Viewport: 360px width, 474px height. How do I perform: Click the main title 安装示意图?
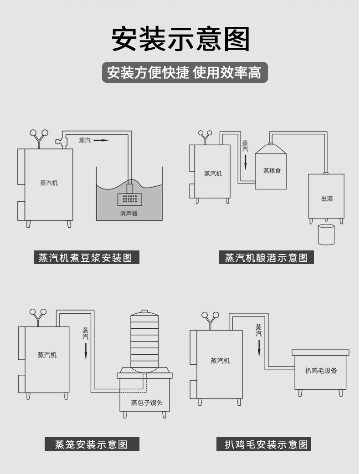tap(180, 39)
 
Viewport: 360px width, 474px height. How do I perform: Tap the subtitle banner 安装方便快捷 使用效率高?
tap(184, 72)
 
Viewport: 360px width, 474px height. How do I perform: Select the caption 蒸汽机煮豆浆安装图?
tap(86, 258)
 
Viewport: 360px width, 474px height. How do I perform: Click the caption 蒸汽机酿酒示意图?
tap(267, 258)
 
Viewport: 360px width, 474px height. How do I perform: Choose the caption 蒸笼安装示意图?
tap(92, 444)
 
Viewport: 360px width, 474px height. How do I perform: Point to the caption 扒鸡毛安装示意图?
tap(267, 444)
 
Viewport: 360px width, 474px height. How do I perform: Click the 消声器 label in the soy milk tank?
tap(129, 213)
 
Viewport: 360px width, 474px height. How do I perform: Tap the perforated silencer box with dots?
tap(130, 199)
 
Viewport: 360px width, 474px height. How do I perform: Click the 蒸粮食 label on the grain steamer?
tap(272, 171)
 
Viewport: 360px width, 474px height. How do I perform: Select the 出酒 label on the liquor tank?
tap(327, 199)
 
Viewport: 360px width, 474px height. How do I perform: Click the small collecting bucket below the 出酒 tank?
tap(326, 234)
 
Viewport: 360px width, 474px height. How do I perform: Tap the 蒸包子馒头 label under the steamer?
tap(147, 403)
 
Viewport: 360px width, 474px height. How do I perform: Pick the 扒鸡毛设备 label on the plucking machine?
tap(321, 371)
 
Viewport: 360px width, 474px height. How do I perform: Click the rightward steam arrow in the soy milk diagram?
tap(101, 140)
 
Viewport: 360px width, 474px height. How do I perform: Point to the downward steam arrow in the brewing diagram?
tap(245, 161)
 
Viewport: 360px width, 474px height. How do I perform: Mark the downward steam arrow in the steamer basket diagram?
tap(85, 351)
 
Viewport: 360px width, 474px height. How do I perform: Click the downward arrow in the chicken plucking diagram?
tap(259, 348)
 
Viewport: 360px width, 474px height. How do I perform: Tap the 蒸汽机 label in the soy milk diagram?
tap(49, 183)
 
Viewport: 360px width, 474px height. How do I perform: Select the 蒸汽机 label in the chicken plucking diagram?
tap(220, 361)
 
